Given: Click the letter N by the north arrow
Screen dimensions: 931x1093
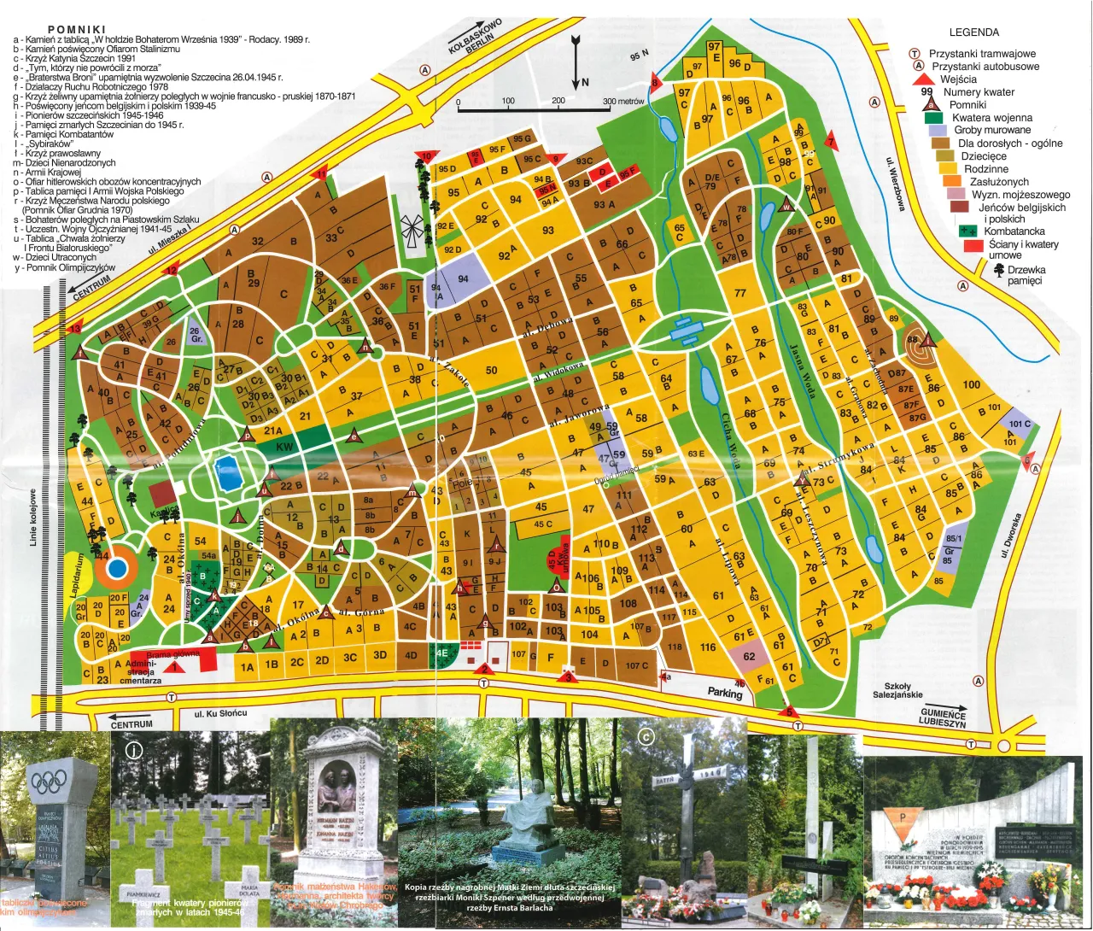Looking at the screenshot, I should [585, 83].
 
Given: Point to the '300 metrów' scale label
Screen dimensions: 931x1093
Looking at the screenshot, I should [622, 102].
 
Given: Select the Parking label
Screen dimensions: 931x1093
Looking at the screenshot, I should [724, 694].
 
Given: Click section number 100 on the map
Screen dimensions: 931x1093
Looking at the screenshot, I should [972, 384].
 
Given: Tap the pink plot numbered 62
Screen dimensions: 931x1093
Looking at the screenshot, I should [749, 657].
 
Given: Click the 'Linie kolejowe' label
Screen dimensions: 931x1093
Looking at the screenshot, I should [33, 518].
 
